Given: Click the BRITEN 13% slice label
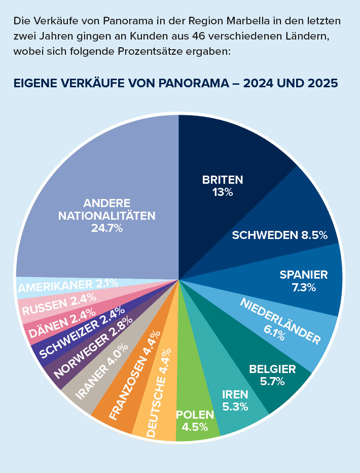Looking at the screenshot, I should pyautogui.click(x=223, y=186).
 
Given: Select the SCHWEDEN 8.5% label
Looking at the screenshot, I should pyautogui.click(x=279, y=235).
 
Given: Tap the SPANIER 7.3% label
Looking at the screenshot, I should pyautogui.click(x=304, y=281).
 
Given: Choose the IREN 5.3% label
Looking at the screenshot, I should pyautogui.click(x=235, y=400).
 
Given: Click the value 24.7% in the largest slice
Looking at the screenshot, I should pyautogui.click(x=107, y=228).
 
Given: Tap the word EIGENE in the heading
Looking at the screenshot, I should pyautogui.click(x=34, y=83).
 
